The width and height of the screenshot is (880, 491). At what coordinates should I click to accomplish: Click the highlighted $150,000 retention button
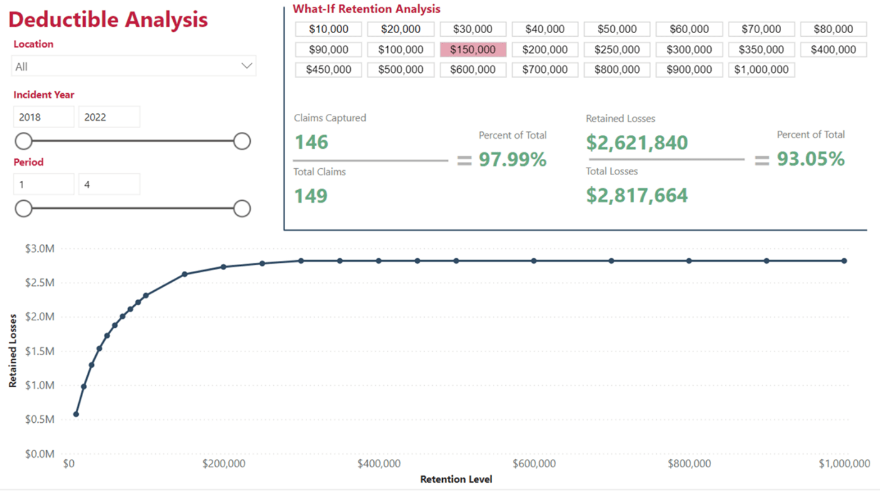(473, 49)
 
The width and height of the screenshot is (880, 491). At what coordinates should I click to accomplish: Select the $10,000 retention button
(328, 29)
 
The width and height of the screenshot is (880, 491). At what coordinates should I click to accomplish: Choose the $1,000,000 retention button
(761, 69)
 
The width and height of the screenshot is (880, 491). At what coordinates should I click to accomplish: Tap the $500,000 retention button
(400, 69)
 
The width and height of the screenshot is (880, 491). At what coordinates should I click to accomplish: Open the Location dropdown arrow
(246, 66)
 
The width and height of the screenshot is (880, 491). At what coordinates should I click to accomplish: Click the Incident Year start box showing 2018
(43, 117)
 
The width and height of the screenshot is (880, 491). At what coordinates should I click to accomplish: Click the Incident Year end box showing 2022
(109, 117)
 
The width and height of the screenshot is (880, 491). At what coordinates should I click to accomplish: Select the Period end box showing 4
(109, 185)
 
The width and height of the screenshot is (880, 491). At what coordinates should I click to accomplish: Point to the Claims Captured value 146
(311, 142)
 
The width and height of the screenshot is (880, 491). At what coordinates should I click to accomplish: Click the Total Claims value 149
(311, 196)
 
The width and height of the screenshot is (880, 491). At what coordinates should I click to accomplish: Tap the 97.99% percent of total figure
(512, 159)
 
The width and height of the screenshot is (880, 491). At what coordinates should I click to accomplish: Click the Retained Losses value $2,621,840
(637, 143)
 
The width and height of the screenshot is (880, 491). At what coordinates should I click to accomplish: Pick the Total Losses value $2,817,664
(637, 195)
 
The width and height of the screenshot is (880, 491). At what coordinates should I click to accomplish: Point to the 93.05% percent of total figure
(811, 159)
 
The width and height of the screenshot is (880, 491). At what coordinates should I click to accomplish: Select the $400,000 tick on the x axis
(379, 463)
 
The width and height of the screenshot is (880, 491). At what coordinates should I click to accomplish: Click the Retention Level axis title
(456, 479)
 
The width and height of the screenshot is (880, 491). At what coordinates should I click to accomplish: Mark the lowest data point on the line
(76, 414)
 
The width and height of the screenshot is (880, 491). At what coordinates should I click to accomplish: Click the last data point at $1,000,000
(844, 261)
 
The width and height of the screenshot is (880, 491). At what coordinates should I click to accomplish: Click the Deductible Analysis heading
(108, 19)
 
